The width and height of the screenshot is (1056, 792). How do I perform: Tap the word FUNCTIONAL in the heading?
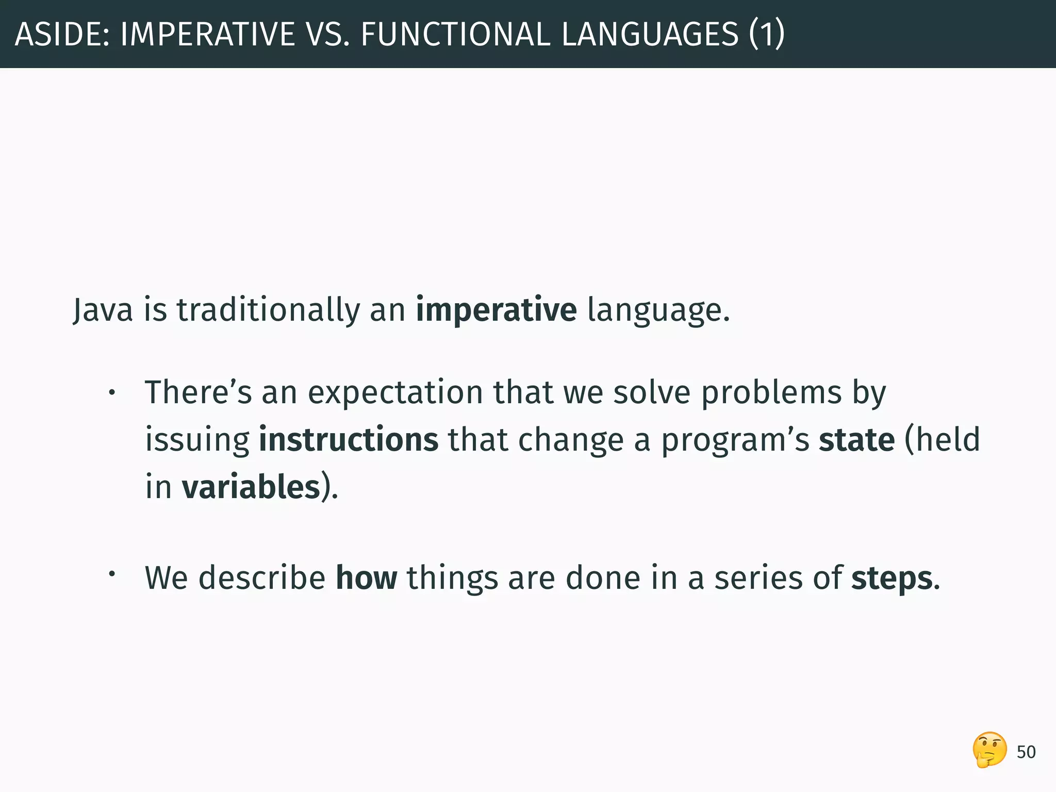coord(455,34)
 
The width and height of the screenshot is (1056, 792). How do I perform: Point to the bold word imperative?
coord(496,310)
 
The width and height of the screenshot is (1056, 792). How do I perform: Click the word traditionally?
coord(268,310)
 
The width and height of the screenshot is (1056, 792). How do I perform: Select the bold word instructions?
coord(349,440)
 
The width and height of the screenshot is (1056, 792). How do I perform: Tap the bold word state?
coord(856,440)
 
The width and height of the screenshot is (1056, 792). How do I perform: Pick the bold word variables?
coord(251,487)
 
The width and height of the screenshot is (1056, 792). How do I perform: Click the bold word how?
coord(367,578)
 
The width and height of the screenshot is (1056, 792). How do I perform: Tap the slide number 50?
coord(1026,752)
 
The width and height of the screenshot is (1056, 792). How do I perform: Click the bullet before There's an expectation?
coord(111,394)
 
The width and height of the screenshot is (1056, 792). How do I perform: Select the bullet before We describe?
coord(111,573)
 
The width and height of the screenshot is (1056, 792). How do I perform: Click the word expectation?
coord(395,393)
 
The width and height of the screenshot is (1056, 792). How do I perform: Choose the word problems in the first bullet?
coord(771,393)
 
